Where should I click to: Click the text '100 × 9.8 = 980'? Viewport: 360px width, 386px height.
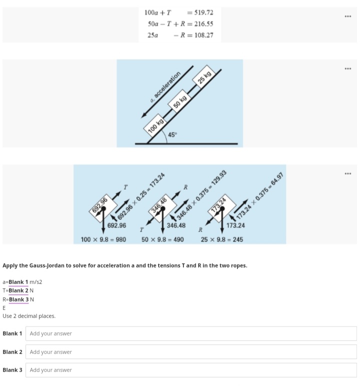pyautogui.click(x=103, y=239)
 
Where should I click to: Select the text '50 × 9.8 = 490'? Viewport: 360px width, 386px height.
pyautogui.click(x=162, y=239)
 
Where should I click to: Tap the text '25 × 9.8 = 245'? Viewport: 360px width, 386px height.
pyautogui.click(x=222, y=239)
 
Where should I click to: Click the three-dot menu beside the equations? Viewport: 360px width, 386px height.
pyautogui.click(x=348, y=16)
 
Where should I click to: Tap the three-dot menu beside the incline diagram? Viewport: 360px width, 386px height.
pyautogui.click(x=348, y=68)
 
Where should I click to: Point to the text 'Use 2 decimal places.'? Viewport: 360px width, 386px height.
pyautogui.click(x=29, y=316)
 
